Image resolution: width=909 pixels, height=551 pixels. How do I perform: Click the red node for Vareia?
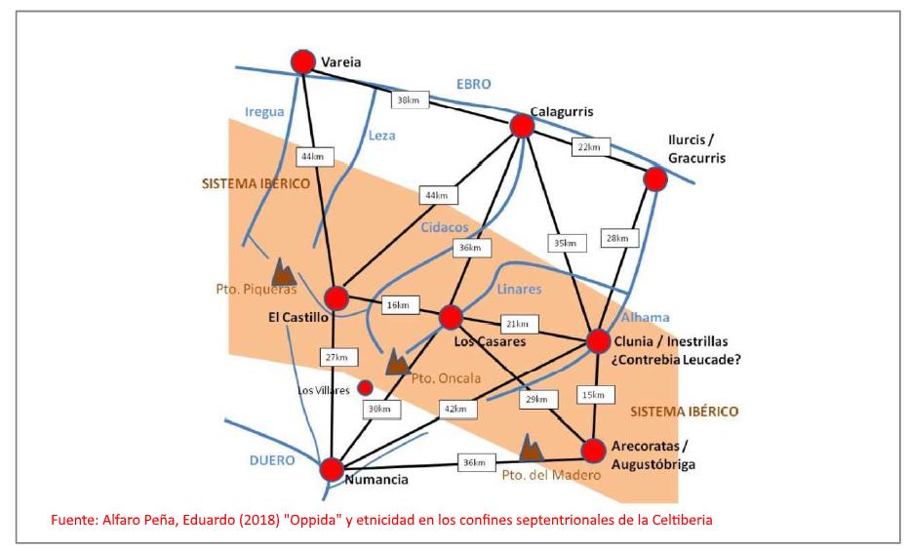pyautogui.click(x=303, y=62)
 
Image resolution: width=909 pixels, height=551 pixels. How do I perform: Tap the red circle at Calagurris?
pyautogui.click(x=522, y=126)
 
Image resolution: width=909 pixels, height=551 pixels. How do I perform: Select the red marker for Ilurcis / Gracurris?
pyautogui.click(x=654, y=178)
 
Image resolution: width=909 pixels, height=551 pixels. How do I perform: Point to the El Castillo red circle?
pyautogui.click(x=336, y=297)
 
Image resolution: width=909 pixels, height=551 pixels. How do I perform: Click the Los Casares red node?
pyautogui.click(x=450, y=317)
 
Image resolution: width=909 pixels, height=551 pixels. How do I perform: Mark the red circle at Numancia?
pyautogui.click(x=332, y=468)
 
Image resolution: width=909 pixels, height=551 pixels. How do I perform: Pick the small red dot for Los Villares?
pyautogui.click(x=366, y=387)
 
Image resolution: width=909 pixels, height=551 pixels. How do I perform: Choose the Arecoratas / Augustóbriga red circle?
pyautogui.click(x=594, y=451)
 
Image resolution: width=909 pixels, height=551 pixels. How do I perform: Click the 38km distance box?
pyautogui.click(x=408, y=98)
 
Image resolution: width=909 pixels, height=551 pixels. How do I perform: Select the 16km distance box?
pyautogui.click(x=400, y=305)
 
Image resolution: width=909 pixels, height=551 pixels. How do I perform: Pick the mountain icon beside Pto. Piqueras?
pyautogui.click(x=283, y=272)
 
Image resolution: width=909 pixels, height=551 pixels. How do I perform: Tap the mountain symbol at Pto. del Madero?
pyautogui.click(x=530, y=448)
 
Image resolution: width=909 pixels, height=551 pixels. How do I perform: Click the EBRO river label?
pyautogui.click(x=474, y=85)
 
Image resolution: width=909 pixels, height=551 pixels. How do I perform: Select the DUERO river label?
pyautogui.click(x=269, y=460)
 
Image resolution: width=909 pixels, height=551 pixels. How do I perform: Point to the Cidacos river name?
pyautogui.click(x=444, y=226)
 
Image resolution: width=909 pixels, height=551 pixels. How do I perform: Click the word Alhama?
pyautogui.click(x=646, y=317)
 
